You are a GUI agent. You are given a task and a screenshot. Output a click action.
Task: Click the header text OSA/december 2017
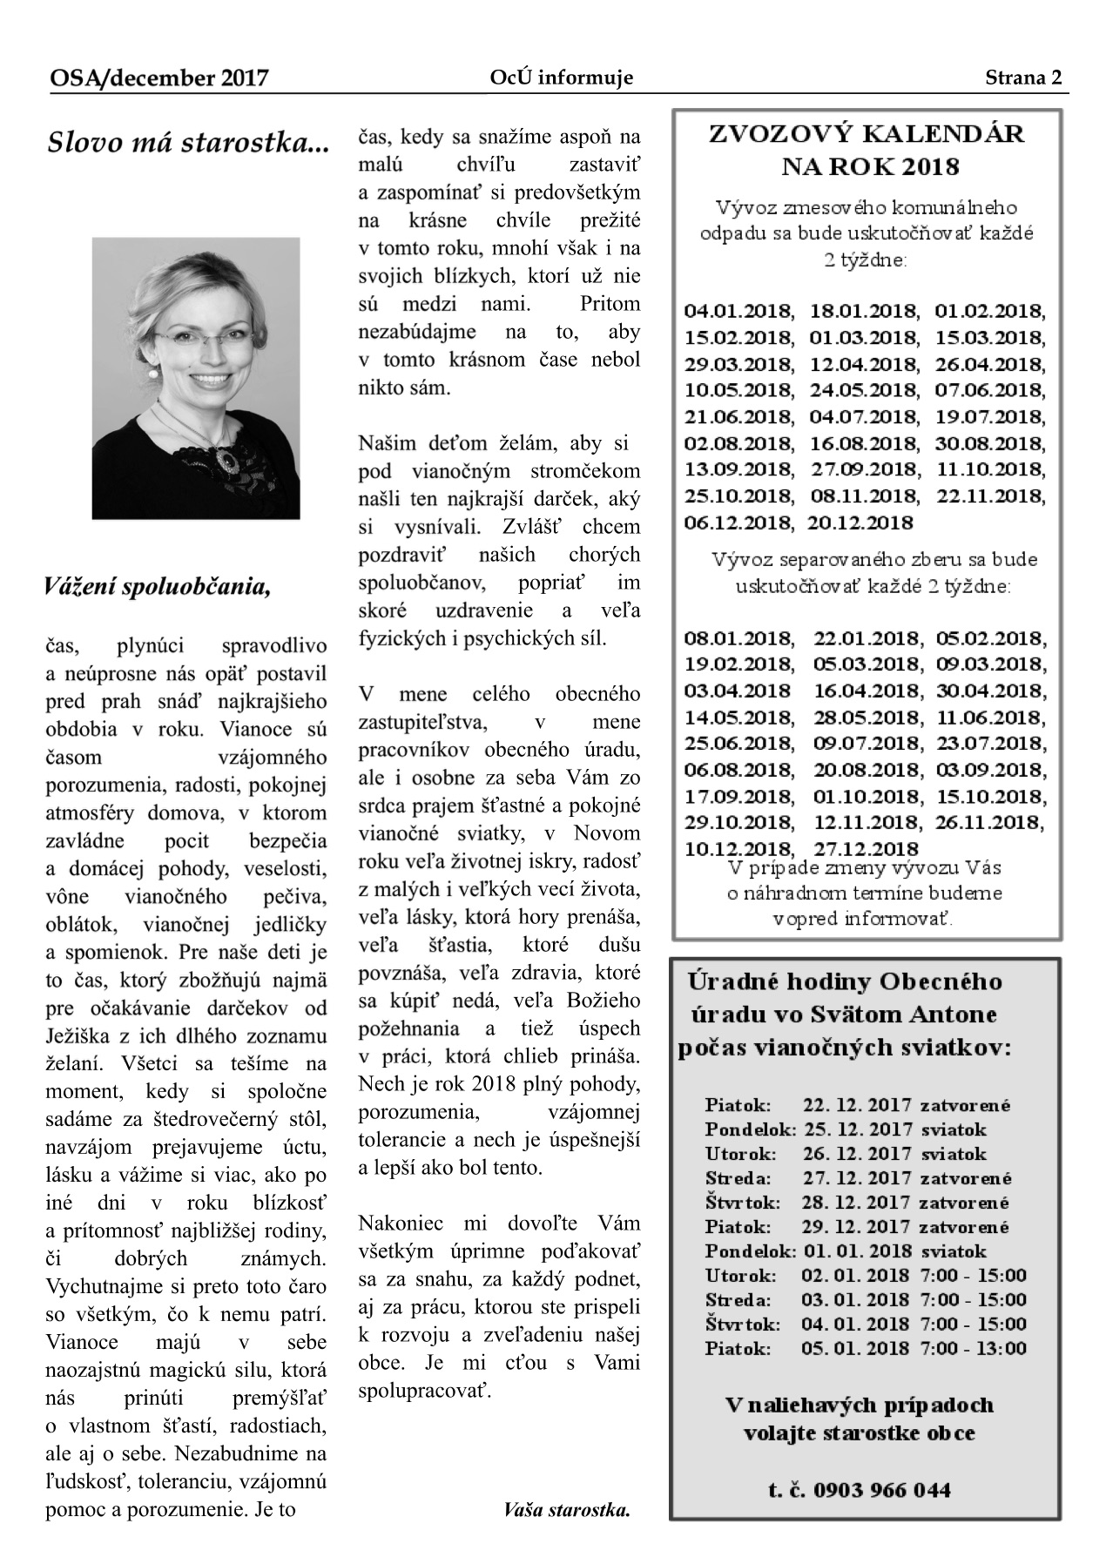coord(158,79)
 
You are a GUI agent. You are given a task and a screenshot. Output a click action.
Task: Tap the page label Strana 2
coord(1023,78)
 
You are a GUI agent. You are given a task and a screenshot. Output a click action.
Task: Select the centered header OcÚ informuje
coord(561,78)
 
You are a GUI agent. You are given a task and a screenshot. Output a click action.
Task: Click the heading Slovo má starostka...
coord(188,143)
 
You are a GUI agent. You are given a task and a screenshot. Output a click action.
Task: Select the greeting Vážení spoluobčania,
coord(158,587)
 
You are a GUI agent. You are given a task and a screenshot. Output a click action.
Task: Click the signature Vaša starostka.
coord(566,1510)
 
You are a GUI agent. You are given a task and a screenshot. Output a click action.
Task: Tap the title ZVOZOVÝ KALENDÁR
coord(867,134)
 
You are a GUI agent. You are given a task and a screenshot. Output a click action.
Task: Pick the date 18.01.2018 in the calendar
coord(864,311)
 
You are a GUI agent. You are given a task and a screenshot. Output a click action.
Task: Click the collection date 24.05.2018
coord(864,390)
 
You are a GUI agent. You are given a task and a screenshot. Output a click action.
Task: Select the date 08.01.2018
coord(738,638)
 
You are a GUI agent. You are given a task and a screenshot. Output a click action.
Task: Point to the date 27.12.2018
coord(866,849)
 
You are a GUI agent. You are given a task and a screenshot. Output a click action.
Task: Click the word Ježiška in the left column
coord(81,1036)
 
